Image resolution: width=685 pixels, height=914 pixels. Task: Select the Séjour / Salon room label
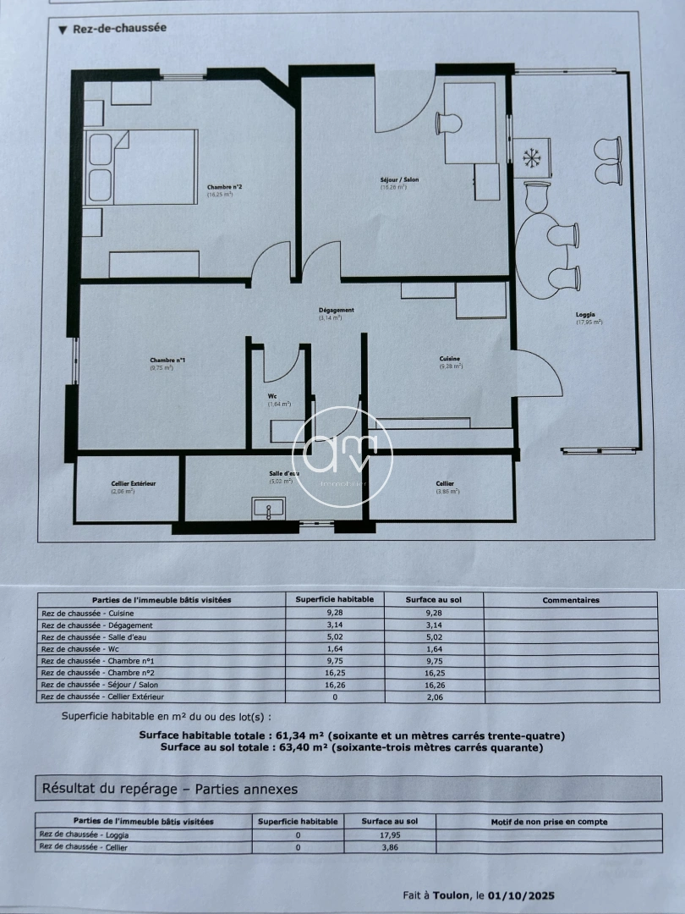tap(399, 180)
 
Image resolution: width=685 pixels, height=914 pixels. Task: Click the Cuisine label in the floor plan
tap(450, 359)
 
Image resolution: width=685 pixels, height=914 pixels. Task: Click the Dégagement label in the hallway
tap(336, 311)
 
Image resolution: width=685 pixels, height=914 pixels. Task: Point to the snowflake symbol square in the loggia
tap(533, 157)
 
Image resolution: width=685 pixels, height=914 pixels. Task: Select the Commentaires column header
tap(570, 600)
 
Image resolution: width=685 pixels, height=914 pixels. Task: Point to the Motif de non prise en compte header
tap(549, 821)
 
